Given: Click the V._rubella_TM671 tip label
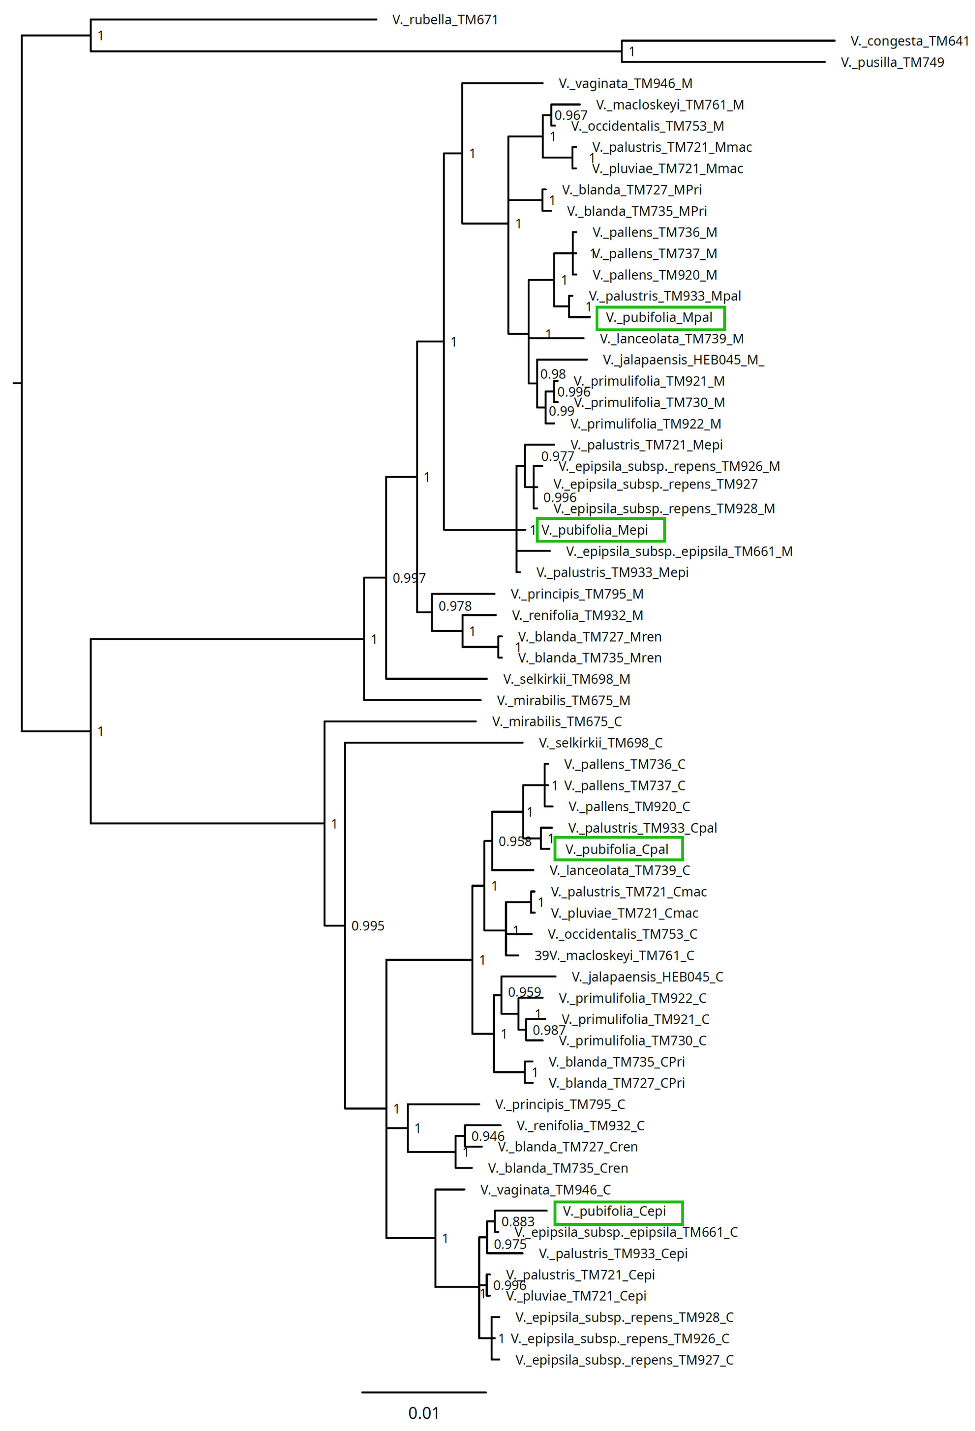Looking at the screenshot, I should [x=445, y=20].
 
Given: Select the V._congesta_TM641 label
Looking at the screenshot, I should [x=909, y=41].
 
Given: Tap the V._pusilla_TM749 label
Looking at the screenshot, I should [x=892, y=62].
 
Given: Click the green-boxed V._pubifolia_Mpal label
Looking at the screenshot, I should [x=660, y=318].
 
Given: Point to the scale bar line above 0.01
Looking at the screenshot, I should [x=424, y=1392].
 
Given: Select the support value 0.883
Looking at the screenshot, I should [x=518, y=1222].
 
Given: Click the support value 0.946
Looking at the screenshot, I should [x=488, y=1136].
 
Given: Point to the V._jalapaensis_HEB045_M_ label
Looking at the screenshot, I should [x=683, y=360].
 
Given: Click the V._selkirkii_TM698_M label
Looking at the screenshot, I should [x=566, y=679].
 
